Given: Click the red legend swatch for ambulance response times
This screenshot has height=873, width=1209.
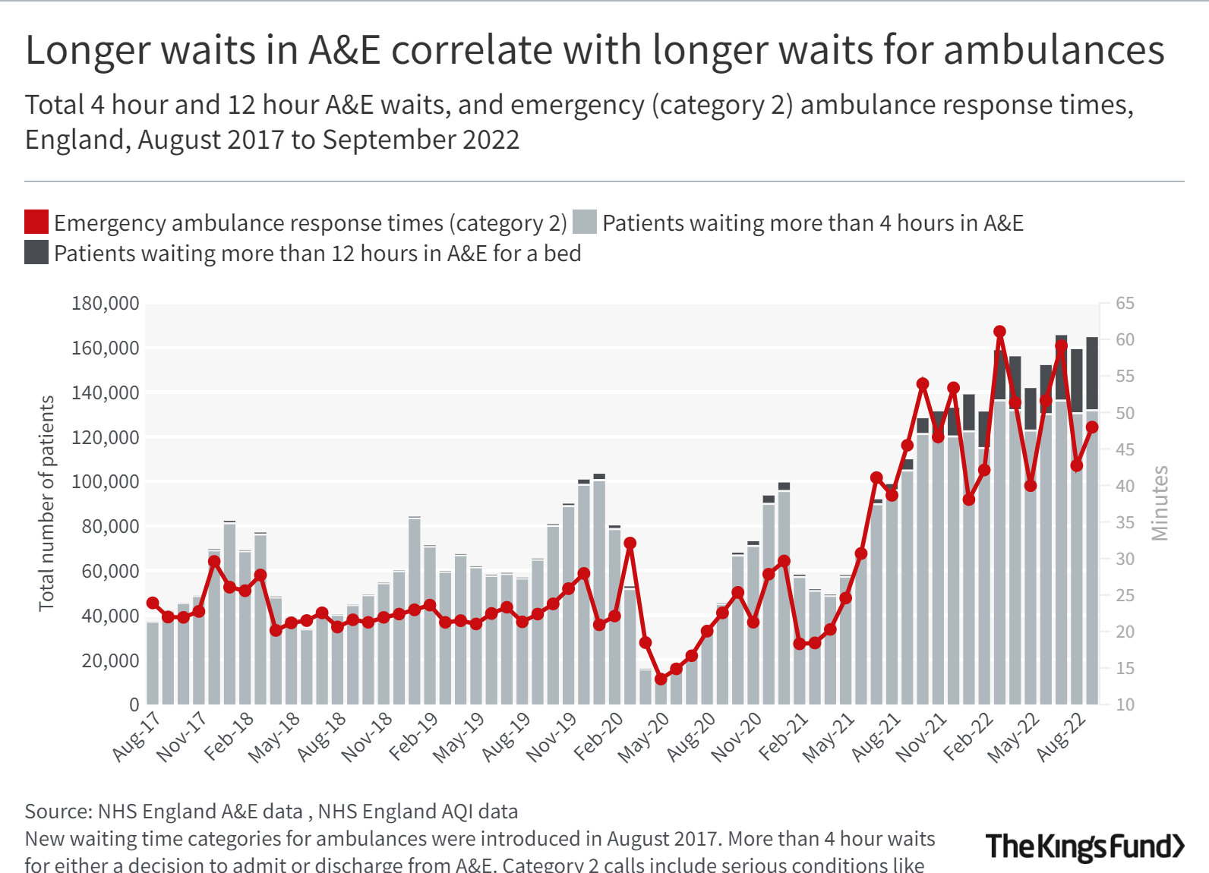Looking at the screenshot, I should point(36,222).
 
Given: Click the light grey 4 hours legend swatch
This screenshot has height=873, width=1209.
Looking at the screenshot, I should point(584,222).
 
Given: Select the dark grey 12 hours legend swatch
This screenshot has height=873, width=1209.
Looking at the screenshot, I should point(36,253).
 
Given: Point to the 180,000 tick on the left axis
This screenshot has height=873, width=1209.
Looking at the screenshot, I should point(106,304).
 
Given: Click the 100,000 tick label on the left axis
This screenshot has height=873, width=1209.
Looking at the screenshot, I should point(106,482).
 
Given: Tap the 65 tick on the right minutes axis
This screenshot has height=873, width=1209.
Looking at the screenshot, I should point(1125,304).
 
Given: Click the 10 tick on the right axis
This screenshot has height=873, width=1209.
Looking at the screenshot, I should point(1125,704).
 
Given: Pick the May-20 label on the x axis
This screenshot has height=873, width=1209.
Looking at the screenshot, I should point(644,736).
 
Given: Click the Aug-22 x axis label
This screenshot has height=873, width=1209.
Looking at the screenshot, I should point(1062,736).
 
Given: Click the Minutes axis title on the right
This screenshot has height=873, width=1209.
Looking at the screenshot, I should point(1160,503).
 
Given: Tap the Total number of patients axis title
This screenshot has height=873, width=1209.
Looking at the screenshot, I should point(47,503).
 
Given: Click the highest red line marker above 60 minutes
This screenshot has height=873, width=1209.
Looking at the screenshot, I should point(999,332).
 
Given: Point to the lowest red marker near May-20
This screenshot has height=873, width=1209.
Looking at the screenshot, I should point(661,679).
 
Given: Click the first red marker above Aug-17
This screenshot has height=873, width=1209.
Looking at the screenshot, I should point(153,603).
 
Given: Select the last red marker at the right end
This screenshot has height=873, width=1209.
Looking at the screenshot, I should point(1092,427).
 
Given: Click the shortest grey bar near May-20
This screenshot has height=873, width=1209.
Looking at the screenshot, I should point(646,686).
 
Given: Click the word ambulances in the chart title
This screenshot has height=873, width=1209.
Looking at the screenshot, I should point(1053,50).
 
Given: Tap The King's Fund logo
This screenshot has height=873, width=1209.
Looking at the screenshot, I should point(1084,846).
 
